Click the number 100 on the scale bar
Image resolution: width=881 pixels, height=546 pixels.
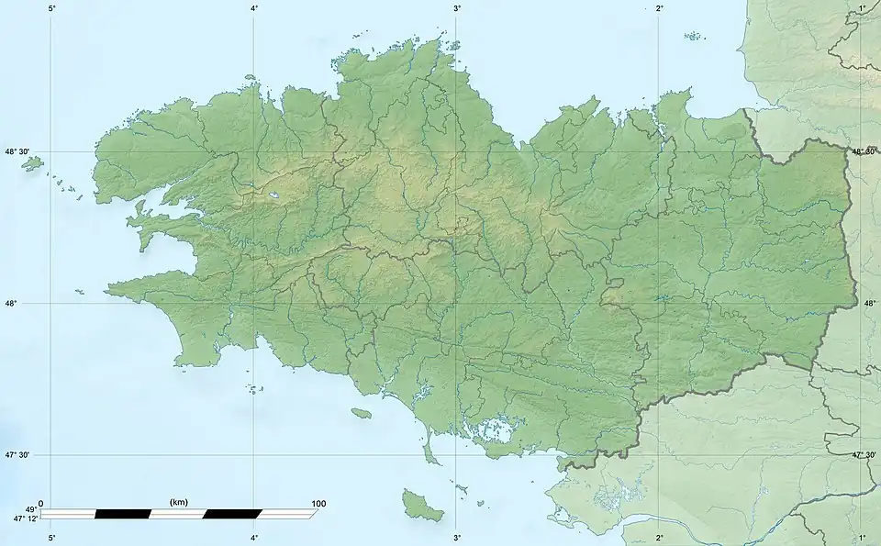318,504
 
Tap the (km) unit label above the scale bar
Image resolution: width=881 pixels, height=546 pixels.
179,503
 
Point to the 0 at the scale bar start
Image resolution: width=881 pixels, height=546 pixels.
41,504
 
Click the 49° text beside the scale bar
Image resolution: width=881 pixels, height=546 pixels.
30,509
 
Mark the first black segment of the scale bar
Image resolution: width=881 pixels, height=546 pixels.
122,513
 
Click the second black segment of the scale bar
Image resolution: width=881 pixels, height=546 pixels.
232,513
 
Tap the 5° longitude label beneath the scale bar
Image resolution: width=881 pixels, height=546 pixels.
51,537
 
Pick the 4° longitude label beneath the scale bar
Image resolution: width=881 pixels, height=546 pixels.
254,537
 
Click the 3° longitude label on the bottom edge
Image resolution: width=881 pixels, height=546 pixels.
457,537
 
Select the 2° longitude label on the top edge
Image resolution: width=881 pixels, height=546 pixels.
660,8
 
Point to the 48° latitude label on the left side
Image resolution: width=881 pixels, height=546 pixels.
17,304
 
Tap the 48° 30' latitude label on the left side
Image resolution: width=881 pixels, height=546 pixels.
18,151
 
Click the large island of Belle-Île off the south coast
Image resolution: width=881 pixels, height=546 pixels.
421,504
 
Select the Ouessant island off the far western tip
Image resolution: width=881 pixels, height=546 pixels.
33,163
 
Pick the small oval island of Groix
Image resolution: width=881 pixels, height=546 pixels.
361,415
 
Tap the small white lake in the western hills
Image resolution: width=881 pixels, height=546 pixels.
273,195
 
